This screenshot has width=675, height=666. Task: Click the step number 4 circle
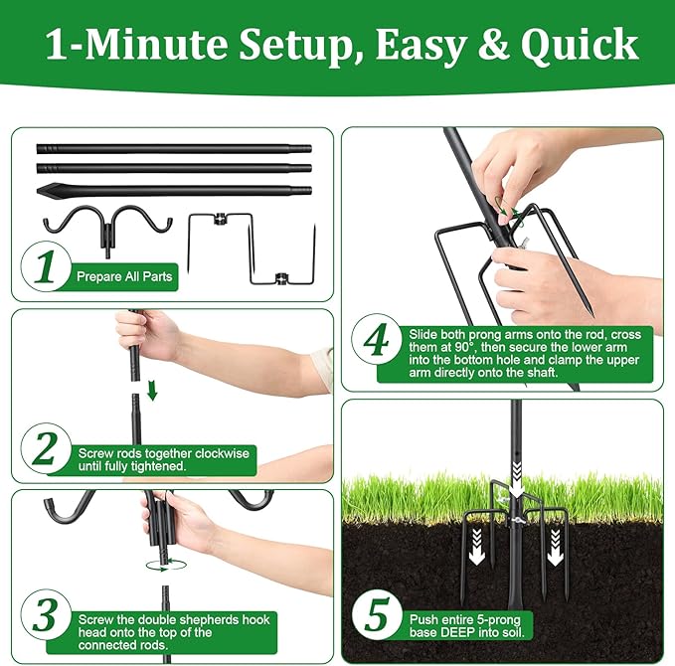click(x=375, y=343)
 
